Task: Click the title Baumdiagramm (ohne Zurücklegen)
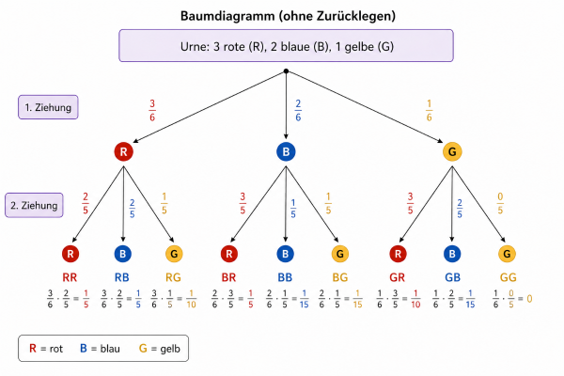[286, 16]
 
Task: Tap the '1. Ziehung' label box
[48, 106]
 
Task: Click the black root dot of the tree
[286, 71]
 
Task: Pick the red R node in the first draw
[123, 151]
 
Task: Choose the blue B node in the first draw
[286, 151]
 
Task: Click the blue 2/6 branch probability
[298, 110]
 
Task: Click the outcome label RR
[70, 277]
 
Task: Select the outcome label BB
[286, 277]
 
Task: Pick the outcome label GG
[508, 277]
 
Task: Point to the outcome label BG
[340, 277]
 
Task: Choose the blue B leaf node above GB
[453, 254]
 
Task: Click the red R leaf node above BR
[228, 254]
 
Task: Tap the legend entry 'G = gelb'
[162, 349]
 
